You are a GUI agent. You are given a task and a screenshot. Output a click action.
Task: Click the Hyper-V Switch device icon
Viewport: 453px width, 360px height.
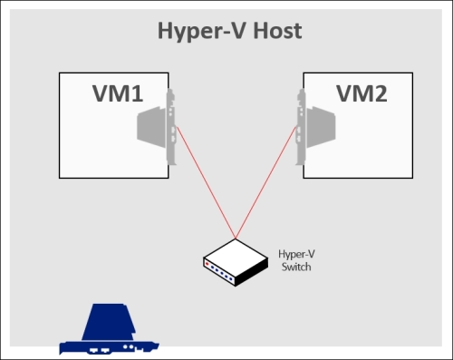point(235,260)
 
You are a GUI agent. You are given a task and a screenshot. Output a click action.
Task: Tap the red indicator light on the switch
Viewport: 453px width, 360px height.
point(207,264)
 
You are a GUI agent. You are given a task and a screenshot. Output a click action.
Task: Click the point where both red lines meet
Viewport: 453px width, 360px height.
point(236,237)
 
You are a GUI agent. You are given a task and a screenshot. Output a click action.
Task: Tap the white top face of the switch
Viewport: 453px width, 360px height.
point(237,253)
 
